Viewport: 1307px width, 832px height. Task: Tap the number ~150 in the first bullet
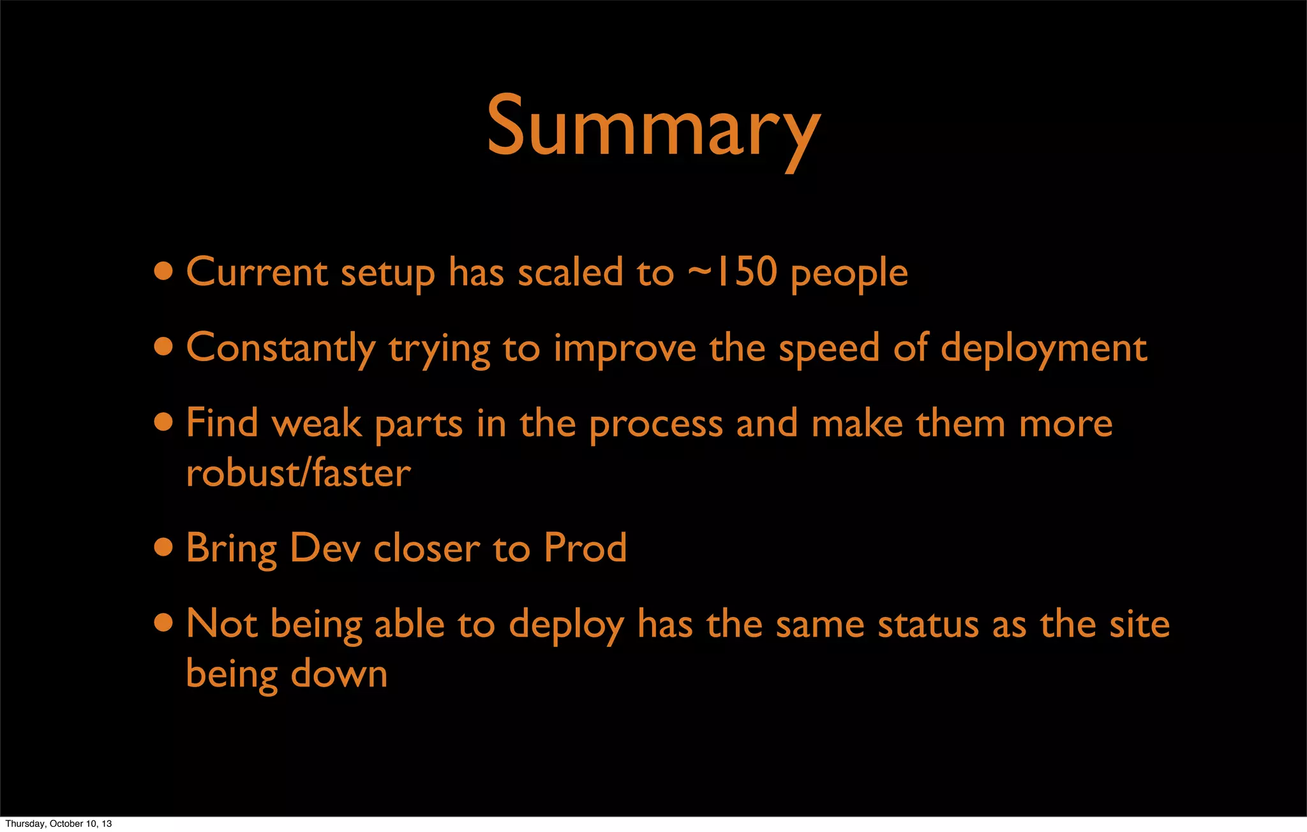[x=733, y=272]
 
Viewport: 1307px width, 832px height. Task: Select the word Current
[x=257, y=272]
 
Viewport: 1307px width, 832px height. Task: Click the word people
[x=849, y=274]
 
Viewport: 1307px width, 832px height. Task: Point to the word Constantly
[x=281, y=349]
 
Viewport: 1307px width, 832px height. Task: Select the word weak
[x=317, y=424]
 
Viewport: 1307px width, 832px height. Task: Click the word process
[x=655, y=425]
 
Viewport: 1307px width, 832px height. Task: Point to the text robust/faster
[x=298, y=473]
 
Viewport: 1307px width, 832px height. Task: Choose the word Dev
[x=324, y=548]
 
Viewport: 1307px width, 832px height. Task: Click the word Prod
[x=585, y=548]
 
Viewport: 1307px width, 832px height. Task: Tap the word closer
[x=426, y=549]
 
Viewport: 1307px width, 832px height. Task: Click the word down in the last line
[x=340, y=674]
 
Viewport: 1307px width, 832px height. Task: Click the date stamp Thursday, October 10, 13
[x=59, y=824]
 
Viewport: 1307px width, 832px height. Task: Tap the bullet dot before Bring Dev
[x=164, y=547]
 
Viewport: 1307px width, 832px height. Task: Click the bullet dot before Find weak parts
[x=164, y=422]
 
